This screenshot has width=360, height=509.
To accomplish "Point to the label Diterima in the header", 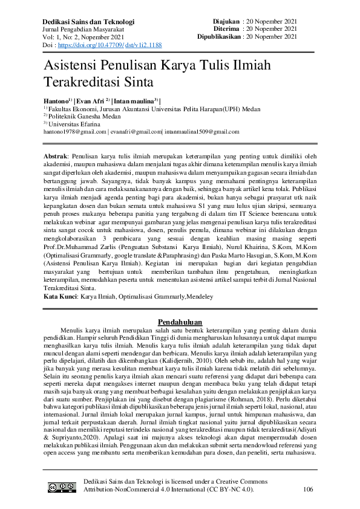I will click(x=225, y=28).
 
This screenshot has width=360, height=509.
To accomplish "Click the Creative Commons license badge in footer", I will click(x=62, y=488).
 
